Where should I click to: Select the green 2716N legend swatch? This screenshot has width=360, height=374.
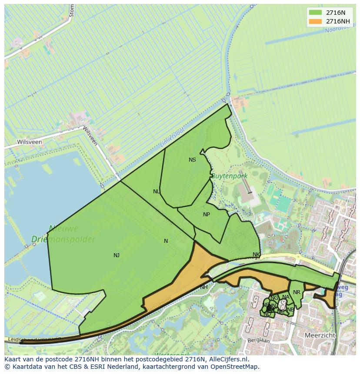(315, 12)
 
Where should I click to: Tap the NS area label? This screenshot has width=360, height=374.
(192, 160)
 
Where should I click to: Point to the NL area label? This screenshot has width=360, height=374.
(157, 192)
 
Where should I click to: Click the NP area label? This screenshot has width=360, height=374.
(207, 215)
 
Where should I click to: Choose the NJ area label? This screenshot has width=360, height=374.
(117, 255)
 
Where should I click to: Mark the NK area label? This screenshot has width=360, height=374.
(256, 255)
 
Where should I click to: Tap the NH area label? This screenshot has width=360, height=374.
(204, 287)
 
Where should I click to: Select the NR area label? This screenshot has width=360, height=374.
(297, 292)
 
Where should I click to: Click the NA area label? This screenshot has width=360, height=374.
(286, 298)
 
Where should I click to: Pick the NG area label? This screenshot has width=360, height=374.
(274, 298)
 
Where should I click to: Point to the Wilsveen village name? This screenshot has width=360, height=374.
(30, 142)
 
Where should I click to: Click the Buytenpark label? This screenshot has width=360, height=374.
(229, 176)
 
